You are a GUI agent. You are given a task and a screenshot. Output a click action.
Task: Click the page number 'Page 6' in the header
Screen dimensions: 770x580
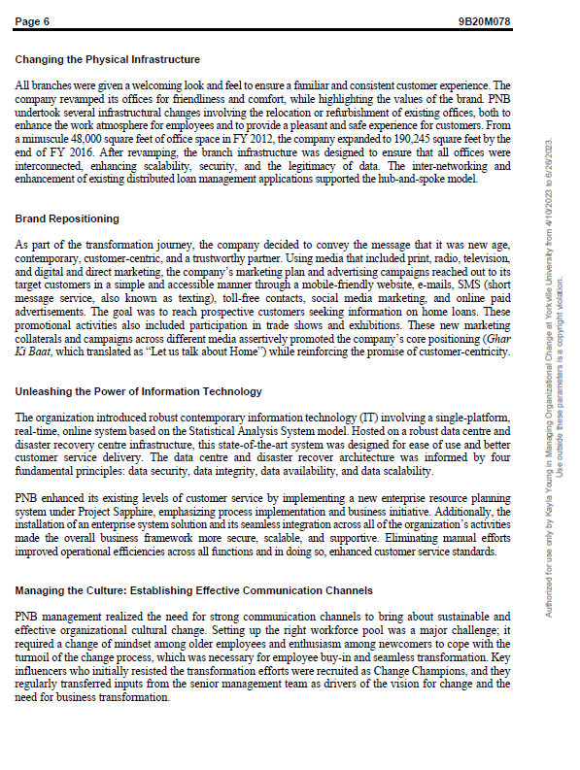click(32, 21)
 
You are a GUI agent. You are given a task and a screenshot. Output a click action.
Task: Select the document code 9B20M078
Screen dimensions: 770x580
click(484, 21)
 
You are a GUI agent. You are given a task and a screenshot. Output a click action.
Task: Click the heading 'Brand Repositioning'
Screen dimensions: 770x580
click(67, 219)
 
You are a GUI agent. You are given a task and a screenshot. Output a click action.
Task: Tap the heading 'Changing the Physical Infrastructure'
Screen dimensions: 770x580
click(107, 60)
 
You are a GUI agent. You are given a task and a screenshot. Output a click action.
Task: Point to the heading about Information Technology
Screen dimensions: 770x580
click(138, 391)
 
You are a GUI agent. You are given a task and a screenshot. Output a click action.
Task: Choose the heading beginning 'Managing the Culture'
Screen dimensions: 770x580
click(193, 590)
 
